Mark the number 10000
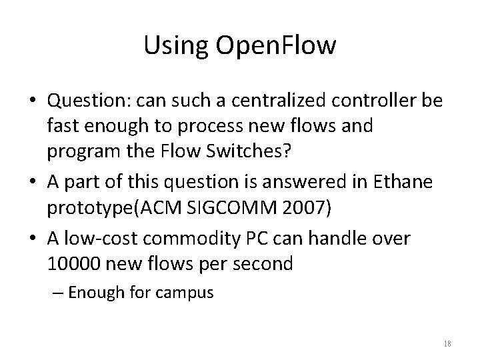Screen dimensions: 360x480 click(73, 263)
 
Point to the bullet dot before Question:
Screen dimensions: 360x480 click(33, 101)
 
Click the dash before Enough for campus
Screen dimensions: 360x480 click(58, 292)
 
